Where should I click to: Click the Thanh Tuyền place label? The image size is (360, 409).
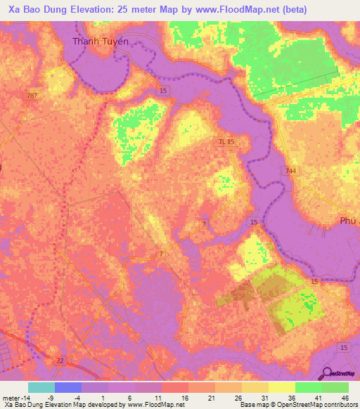[x=101, y=41]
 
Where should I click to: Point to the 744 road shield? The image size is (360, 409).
[x=291, y=171]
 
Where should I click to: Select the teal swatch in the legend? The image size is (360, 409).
[x=41, y=387]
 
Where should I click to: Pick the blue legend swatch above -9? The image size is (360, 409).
[x=68, y=387]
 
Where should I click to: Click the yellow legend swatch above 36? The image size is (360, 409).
[x=282, y=387]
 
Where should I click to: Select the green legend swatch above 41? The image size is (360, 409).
[x=309, y=387]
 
